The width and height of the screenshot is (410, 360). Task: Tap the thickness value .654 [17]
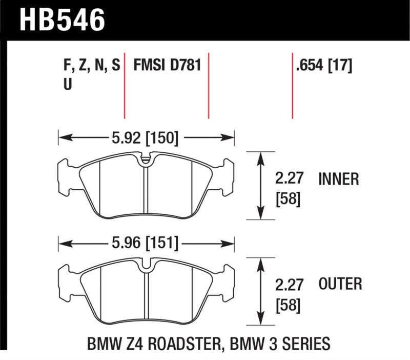(x=323, y=66)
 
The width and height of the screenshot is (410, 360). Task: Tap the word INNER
(x=339, y=179)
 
